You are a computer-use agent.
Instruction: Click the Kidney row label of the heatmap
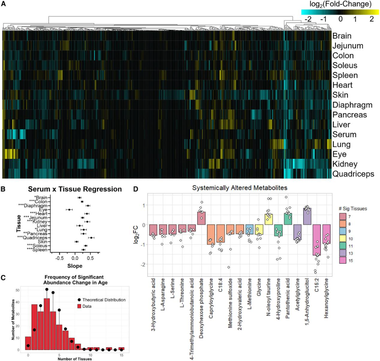[x=345, y=165]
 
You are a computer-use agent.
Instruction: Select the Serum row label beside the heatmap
[x=344, y=135]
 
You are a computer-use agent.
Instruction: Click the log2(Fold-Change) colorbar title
[x=340, y=5]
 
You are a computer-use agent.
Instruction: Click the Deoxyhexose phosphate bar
[x=201, y=218]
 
